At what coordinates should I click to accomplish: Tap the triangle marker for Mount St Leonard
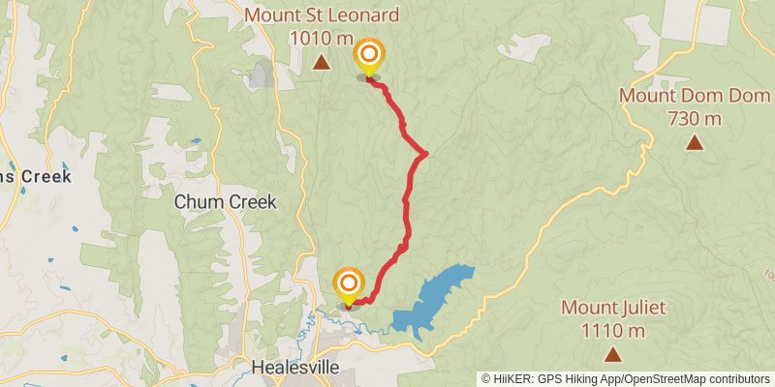pyautogui.click(x=322, y=64)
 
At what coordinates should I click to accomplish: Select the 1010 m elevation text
pyautogui.click(x=321, y=39)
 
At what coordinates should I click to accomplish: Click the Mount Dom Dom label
pyautogui.click(x=694, y=96)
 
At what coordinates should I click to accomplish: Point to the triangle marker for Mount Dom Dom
pyautogui.click(x=695, y=143)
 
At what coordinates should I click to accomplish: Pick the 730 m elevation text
pyautogui.click(x=695, y=119)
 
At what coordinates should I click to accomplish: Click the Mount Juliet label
pyautogui.click(x=613, y=309)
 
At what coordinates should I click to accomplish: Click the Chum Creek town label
pyautogui.click(x=226, y=202)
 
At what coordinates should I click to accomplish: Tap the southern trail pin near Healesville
pyautogui.click(x=348, y=284)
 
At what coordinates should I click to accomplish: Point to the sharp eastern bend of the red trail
pyautogui.click(x=424, y=153)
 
